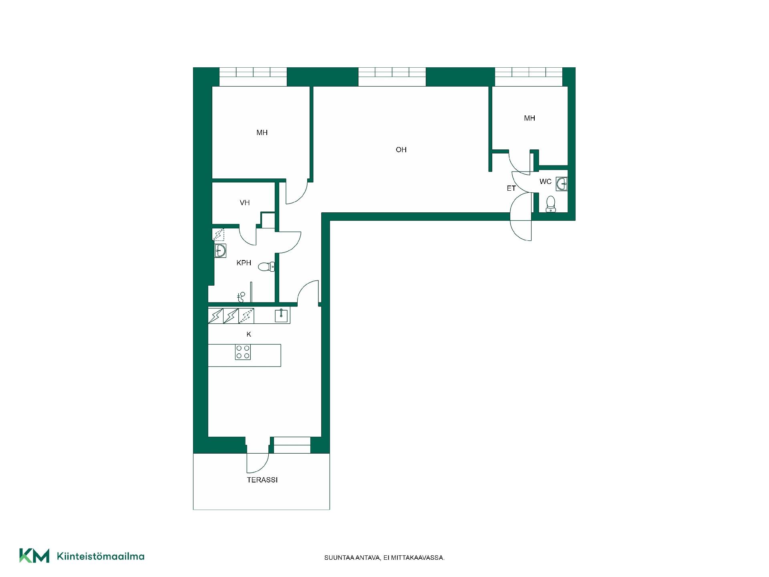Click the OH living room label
401,150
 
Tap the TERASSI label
262,480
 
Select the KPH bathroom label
244,263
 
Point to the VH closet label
245,203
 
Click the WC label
546,182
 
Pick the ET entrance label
511,188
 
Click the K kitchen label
249,334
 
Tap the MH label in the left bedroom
262,133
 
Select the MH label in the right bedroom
529,118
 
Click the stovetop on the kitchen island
243,352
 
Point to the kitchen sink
282,316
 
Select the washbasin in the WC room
562,184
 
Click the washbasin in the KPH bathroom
220,250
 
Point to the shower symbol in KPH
241,297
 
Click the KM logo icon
34,555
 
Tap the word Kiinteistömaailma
101,556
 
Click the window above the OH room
392,77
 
